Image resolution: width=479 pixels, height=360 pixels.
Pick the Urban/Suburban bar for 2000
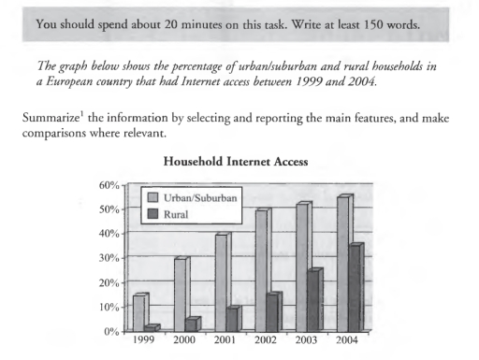coord(181,295)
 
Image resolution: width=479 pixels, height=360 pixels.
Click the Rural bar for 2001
coord(233,319)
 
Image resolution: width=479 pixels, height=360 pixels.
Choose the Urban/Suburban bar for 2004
coord(344,263)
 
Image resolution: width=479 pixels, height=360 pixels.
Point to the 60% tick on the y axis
coord(111,184)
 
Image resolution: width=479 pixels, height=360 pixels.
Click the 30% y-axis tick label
coord(111,258)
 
